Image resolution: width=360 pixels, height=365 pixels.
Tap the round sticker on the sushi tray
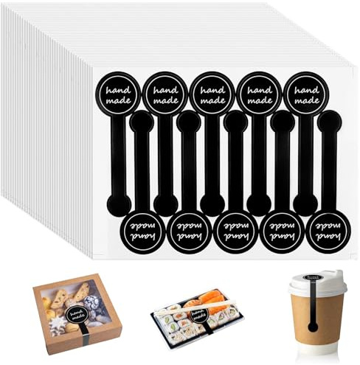tap(199, 316)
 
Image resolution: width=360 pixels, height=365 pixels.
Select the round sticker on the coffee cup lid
tap(313, 277)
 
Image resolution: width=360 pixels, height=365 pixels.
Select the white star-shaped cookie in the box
tap(58, 324)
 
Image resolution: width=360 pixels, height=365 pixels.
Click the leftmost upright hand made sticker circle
tap(118, 94)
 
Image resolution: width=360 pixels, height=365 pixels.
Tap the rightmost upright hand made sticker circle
tap(306, 94)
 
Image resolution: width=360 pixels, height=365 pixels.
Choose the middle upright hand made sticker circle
tap(212, 94)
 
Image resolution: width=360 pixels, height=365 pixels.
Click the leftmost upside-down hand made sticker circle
tap(142, 232)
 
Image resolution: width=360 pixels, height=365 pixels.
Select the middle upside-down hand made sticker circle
tap(235, 232)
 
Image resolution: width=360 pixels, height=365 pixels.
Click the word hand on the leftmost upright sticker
tap(118, 90)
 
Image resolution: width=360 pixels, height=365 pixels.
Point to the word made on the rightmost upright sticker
tap(307, 100)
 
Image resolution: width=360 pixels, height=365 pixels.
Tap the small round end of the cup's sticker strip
tap(313, 327)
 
